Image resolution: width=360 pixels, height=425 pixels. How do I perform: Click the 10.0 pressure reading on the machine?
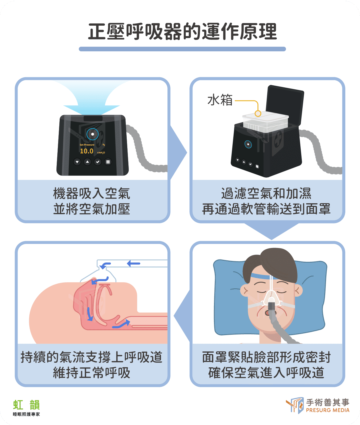pos(86,151)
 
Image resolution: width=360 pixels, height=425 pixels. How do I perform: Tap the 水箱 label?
pos(220,100)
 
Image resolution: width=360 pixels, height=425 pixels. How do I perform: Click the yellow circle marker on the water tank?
pos(258,114)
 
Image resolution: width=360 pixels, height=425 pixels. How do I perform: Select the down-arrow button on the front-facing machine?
pos(77,162)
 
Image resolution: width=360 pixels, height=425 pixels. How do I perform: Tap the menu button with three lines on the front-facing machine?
pos(108,162)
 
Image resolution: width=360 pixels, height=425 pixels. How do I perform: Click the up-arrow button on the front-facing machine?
pos(88,162)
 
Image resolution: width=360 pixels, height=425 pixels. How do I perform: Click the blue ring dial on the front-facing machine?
pos(93,134)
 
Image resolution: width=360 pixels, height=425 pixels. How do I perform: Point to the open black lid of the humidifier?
pos(285,105)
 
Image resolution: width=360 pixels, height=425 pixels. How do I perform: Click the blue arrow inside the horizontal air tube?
pos(133,263)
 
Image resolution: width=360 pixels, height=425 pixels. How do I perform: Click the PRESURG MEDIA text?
pos(327,410)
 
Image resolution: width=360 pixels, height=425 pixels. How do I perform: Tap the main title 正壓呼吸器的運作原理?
pos(182,31)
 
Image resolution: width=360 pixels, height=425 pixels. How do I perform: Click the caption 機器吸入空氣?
pos(92,193)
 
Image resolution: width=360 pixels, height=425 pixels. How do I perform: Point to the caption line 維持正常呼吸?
pos(92,373)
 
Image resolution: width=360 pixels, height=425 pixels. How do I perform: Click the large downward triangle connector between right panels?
pos(271,231)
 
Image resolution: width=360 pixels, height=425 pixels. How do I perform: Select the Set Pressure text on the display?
pos(87,145)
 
